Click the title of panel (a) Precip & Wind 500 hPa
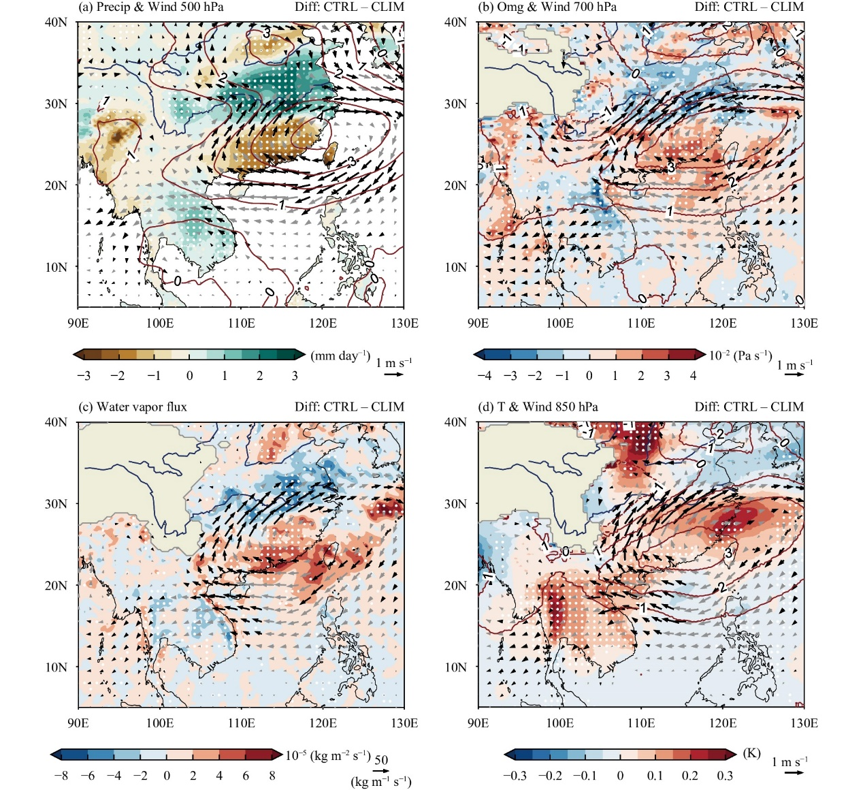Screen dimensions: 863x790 coord(151,7)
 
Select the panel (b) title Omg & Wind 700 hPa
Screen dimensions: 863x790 coord(547,7)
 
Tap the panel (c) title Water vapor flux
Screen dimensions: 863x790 coord(133,407)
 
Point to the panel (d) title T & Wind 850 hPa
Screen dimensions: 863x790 coord(538,407)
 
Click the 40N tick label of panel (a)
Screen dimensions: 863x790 coord(56,22)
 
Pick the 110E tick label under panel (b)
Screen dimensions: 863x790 coord(641,323)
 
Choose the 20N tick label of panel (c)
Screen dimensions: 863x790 coord(56,586)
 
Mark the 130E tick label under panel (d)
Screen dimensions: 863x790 coord(804,723)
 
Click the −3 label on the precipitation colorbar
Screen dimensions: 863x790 coord(84,376)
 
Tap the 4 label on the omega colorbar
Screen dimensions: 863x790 coord(693,376)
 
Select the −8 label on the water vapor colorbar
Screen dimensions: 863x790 coord(61,776)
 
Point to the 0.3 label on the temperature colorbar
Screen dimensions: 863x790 coord(725,776)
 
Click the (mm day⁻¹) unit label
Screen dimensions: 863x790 coord(340,356)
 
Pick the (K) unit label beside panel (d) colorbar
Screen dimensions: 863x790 coord(751,753)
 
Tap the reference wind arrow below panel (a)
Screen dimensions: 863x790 coord(393,374)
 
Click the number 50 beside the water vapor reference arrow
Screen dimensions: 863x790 coord(382,760)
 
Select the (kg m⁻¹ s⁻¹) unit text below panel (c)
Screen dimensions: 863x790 coord(381,781)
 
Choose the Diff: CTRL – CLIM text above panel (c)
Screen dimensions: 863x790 coord(349,407)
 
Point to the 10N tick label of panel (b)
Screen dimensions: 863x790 coord(455,267)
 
